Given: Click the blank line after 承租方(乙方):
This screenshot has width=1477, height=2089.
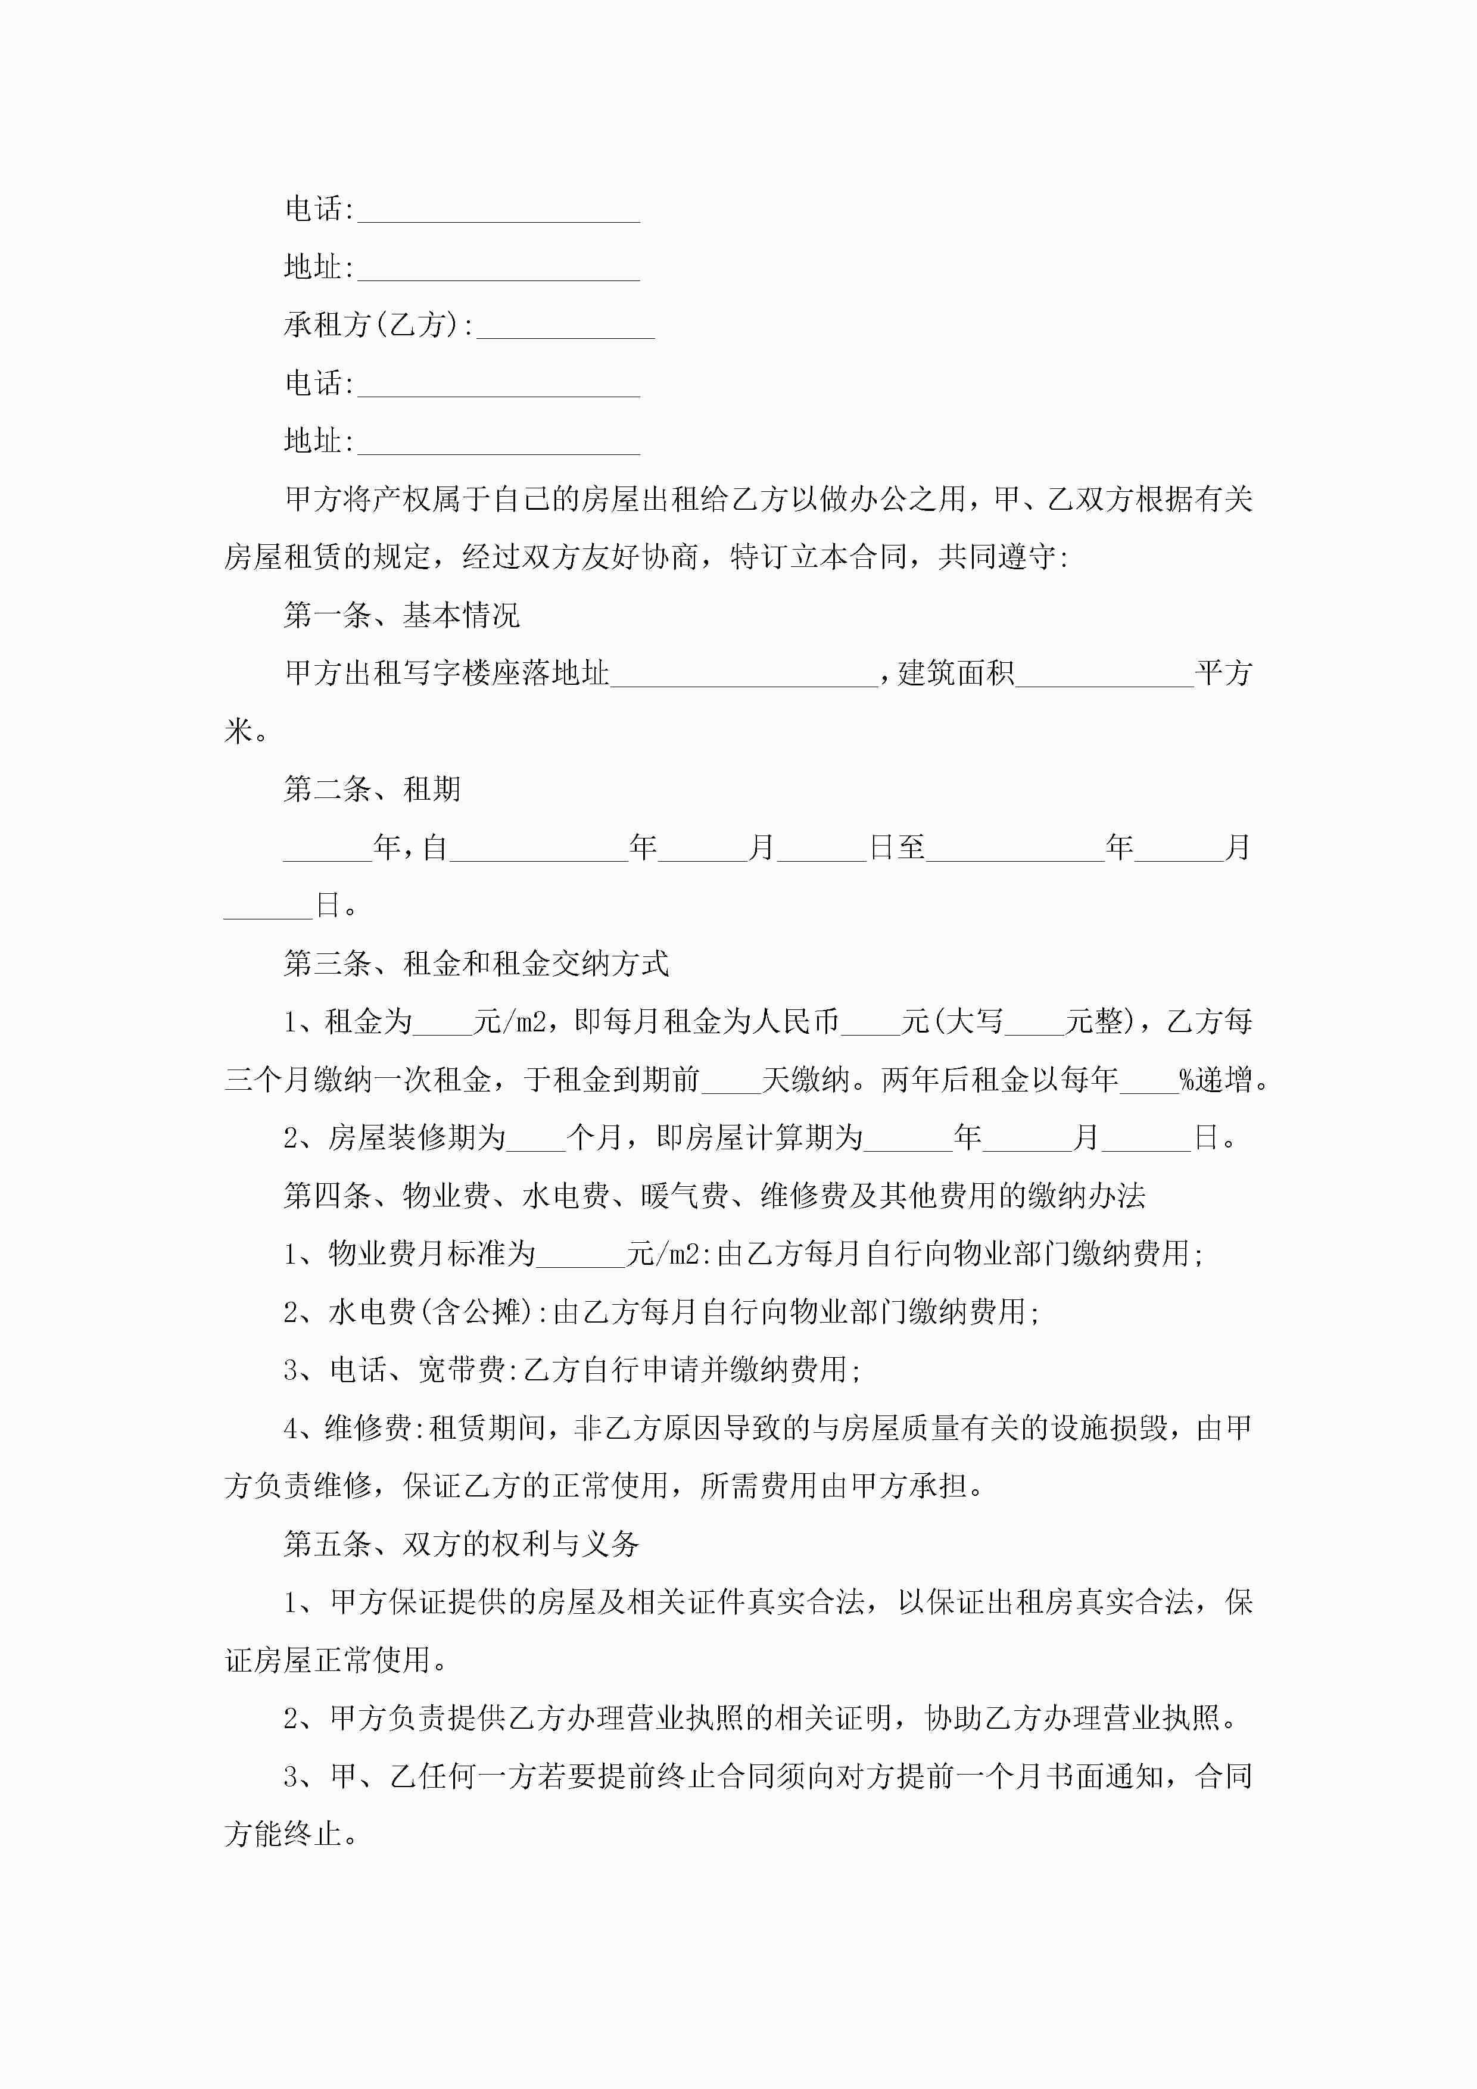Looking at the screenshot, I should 565,328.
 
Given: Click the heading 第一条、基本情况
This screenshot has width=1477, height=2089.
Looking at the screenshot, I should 401,616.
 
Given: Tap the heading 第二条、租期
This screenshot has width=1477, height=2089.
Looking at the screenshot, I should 372,790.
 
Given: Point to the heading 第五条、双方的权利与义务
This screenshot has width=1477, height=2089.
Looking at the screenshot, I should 462,1544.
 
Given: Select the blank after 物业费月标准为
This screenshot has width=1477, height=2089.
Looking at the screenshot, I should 581,1255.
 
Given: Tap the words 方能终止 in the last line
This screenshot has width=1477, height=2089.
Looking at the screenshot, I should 283,1834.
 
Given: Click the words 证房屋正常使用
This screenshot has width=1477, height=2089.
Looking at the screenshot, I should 328,1660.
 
